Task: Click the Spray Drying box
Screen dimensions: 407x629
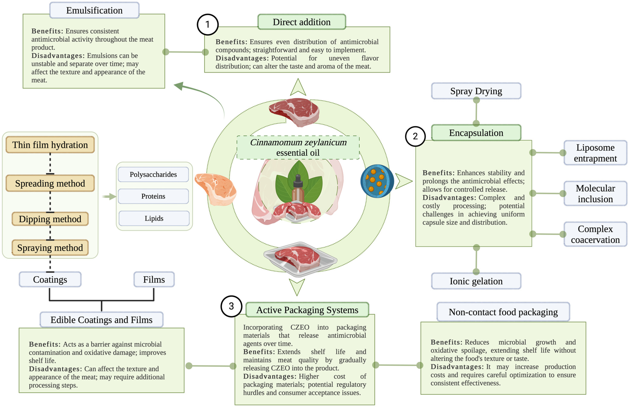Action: point(476,91)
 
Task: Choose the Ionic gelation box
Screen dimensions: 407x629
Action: point(476,281)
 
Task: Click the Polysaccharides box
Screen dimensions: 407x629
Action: point(153,174)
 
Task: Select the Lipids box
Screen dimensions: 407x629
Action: point(154,218)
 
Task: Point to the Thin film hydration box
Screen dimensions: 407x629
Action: point(50,145)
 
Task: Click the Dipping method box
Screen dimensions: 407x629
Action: point(50,219)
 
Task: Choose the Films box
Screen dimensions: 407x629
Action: point(154,279)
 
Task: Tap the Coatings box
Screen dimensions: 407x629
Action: point(50,279)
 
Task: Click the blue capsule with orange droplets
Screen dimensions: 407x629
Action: point(377,181)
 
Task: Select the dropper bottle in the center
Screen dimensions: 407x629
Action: point(298,189)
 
